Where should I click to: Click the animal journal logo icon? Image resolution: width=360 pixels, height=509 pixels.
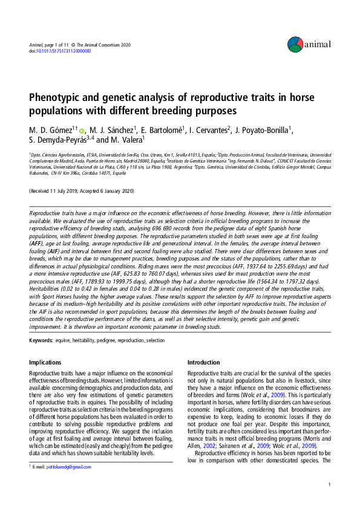[295, 44]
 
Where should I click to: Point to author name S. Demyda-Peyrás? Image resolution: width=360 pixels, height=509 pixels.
[57, 140]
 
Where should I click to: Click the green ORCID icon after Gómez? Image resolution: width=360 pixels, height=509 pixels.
[83, 129]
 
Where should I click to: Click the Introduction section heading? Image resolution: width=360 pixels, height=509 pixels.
[204, 362]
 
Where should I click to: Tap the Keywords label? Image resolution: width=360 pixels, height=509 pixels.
[41, 340]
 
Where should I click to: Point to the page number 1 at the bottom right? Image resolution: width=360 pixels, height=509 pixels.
[329, 485]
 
